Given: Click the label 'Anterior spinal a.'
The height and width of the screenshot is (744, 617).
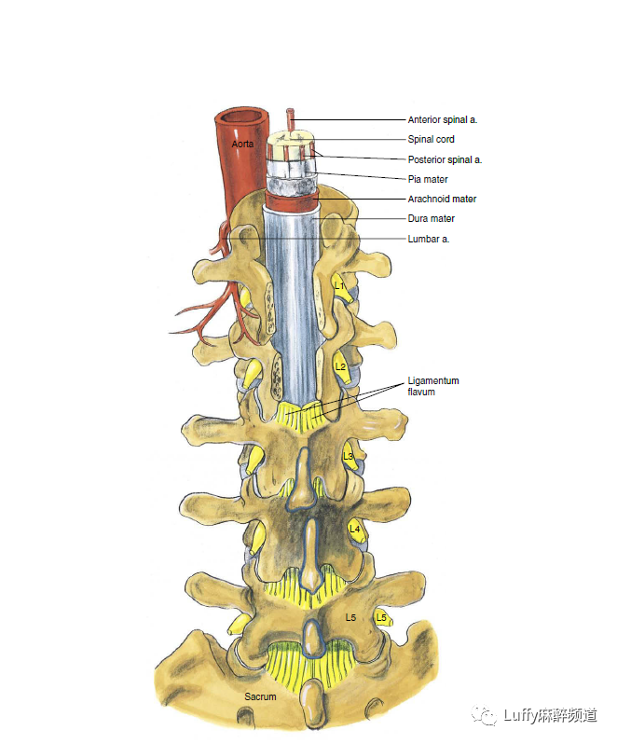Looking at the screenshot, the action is pos(442,120).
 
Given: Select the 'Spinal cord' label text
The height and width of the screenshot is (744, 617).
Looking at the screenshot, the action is pos(431,140).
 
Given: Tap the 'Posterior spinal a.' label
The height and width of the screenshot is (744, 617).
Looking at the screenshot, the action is pos(445,159).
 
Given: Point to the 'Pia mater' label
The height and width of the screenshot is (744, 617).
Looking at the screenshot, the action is pos(428,179).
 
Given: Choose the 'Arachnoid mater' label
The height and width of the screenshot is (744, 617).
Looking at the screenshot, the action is pos(442,199).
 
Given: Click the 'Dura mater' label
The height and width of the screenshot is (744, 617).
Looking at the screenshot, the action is pos(431,219).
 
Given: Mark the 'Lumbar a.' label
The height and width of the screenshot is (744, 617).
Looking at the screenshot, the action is pos(429,239).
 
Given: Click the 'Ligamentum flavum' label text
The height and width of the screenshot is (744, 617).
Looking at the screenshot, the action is pos(433,387).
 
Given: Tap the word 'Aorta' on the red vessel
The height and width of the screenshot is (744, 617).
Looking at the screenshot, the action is pos(243,145).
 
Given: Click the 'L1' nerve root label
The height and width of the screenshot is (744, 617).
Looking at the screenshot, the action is pos(340,285).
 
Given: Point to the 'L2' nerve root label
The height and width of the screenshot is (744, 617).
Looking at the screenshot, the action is pos(340,367).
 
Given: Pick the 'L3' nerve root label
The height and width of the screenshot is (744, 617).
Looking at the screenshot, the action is pos(349,456).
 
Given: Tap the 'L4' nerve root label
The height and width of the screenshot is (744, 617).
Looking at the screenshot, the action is pos(354,529).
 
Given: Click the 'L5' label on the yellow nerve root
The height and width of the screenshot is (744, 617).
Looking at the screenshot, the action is pos(380,617).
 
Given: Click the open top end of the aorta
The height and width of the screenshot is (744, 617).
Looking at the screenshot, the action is pos(240,118).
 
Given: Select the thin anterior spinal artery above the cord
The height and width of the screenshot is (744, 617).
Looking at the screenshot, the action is pos(291,120).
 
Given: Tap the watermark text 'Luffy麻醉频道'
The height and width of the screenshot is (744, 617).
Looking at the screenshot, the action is pos(551,715).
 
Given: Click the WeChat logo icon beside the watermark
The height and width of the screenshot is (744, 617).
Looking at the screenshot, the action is pos(486,714).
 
